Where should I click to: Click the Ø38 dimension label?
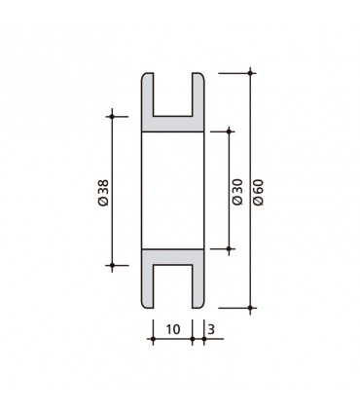[103, 190]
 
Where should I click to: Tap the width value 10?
[172, 329]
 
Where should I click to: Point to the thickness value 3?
[211, 329]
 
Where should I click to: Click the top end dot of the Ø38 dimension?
[113, 117]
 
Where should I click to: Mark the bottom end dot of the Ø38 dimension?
[113, 264]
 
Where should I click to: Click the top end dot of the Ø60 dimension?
[251, 72]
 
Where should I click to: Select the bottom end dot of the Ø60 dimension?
[251, 307]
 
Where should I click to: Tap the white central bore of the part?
[174, 190]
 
